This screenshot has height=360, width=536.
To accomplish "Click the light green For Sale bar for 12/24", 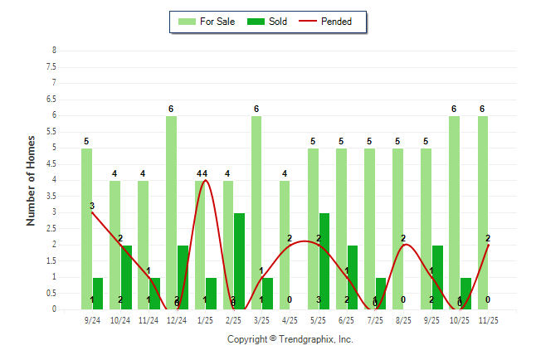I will (171, 212).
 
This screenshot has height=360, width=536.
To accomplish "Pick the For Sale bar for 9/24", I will (86, 229).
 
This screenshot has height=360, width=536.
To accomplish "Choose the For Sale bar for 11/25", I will (483, 212).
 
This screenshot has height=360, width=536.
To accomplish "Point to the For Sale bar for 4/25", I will (285, 245).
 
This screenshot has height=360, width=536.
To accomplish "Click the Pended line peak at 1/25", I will (205, 180).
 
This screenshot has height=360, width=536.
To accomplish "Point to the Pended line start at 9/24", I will (92, 212).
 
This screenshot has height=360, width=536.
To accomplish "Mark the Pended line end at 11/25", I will (488, 245).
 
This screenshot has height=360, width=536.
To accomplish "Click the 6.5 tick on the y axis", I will (51, 99).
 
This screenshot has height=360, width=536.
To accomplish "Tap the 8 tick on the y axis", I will (54, 51).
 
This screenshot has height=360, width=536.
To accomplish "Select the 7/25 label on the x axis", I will (375, 319).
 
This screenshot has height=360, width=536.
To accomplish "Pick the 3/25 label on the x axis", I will (262, 319).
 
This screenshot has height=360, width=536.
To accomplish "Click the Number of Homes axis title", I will (31, 180).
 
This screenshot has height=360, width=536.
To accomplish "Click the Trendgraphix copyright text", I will (290, 339).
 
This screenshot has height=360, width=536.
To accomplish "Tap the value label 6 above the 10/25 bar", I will (454, 109).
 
